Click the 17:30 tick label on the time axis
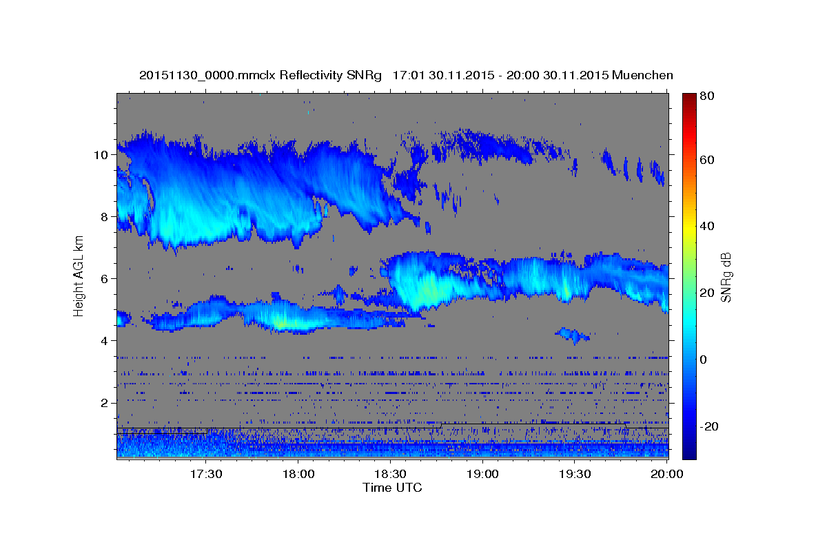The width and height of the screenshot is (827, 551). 206,475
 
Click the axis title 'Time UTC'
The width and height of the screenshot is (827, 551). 392,488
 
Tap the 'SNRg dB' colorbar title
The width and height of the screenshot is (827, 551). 726,276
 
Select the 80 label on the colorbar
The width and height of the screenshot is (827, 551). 707,96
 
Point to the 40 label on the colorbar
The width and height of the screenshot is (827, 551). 707,226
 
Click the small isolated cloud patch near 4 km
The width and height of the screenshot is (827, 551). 573,335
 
